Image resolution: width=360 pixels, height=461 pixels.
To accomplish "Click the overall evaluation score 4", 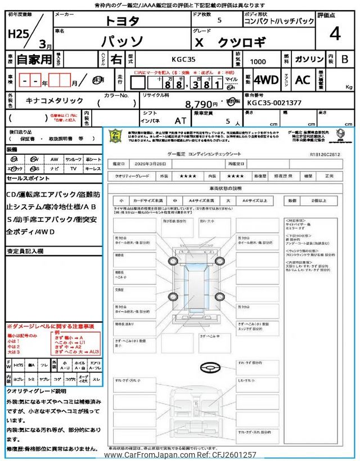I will coord(335,34).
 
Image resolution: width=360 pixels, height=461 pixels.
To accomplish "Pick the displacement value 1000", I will coord(259,59).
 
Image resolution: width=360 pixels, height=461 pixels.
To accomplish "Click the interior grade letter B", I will coord(345,59).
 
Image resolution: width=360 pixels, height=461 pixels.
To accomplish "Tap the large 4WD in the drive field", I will coord(266,80).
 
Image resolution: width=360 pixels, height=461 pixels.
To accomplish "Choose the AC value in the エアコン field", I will coord(302,80).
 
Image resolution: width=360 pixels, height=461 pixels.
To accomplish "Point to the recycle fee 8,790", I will coord(201,104).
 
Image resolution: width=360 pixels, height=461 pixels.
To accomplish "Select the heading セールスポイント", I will coord(28,178).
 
